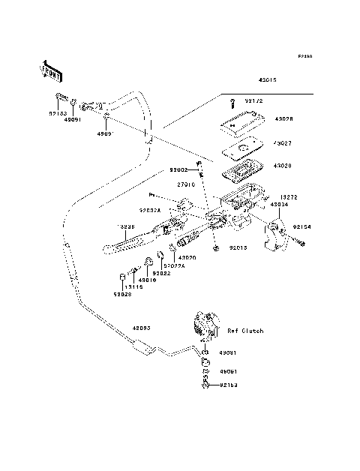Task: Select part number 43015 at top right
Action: coord(268,79)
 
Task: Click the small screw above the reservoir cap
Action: coord(232,101)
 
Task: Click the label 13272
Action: coord(289,197)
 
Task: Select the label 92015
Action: coord(238,246)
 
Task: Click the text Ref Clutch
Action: coord(245,330)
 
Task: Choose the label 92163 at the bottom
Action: coord(229,386)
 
